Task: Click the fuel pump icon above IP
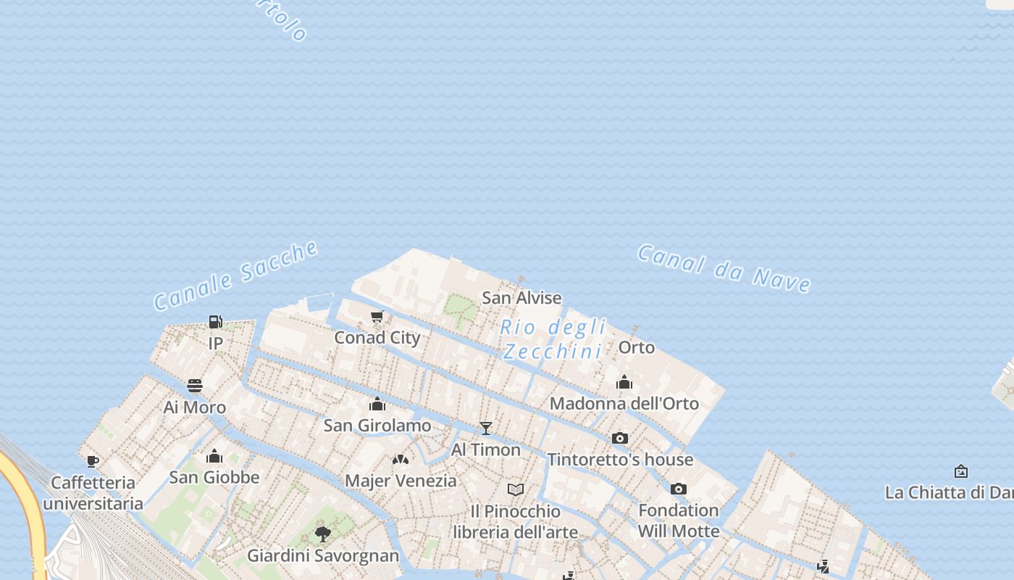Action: (x=215, y=321)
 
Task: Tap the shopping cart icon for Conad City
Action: (x=377, y=316)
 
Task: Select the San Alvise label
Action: (x=521, y=298)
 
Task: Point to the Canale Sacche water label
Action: (x=236, y=275)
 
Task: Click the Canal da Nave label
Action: (x=724, y=268)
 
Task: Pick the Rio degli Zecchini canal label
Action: (x=553, y=339)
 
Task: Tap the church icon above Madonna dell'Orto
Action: (x=624, y=382)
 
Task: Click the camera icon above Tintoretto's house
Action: (x=620, y=438)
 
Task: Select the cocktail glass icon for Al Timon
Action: (x=486, y=428)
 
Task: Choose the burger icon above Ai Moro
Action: (x=195, y=385)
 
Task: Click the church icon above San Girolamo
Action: (x=377, y=404)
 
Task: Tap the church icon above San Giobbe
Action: (x=214, y=456)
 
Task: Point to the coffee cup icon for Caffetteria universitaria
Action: (x=93, y=461)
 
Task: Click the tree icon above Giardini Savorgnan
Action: (x=323, y=534)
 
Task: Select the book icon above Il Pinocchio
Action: (x=516, y=489)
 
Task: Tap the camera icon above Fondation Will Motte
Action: (x=679, y=489)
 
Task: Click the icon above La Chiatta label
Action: (x=961, y=471)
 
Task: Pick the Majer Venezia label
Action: (x=401, y=481)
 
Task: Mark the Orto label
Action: (x=637, y=348)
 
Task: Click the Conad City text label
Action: (x=377, y=338)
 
